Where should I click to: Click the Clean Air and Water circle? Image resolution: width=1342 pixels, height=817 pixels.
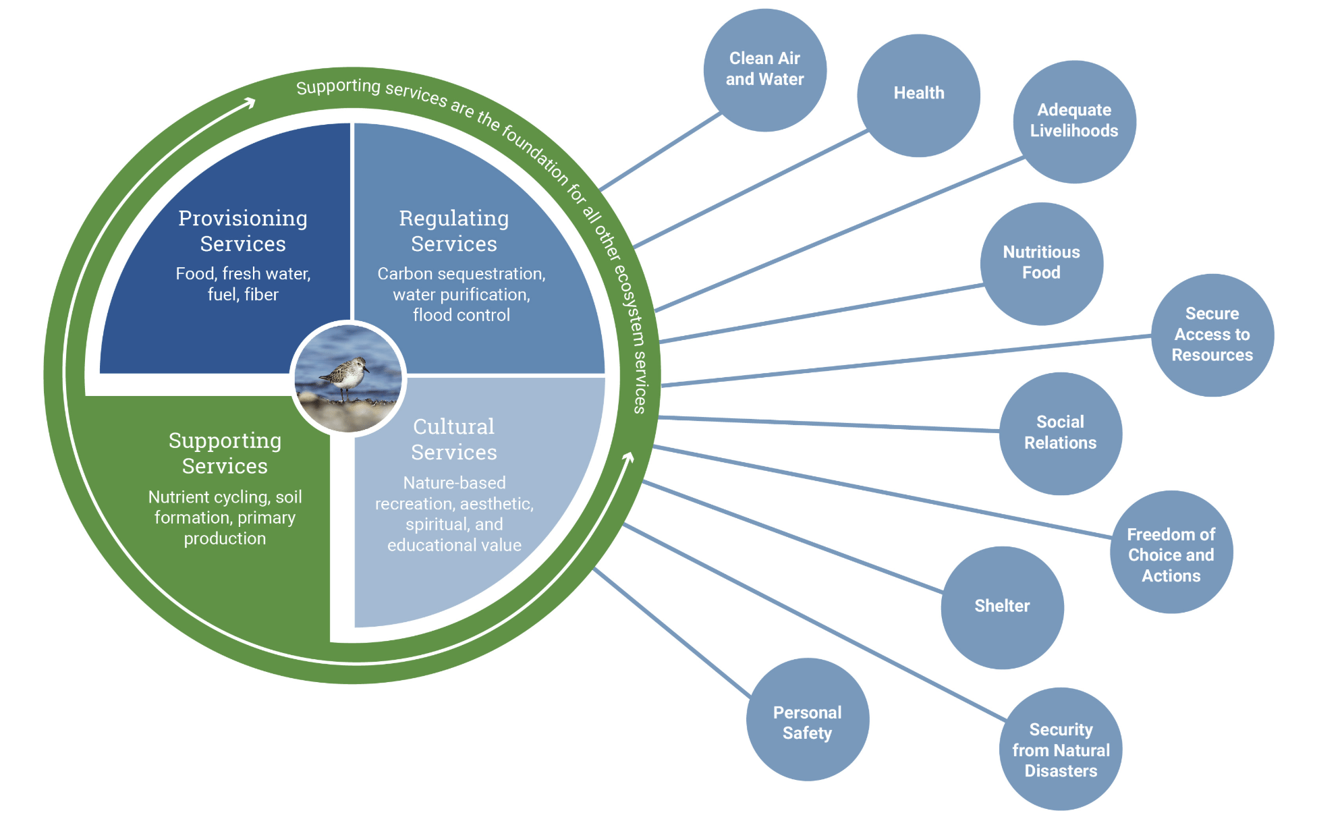(x=764, y=69)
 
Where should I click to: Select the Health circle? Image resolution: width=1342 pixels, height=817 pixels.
(x=918, y=95)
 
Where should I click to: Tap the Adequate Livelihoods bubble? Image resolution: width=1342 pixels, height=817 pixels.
(x=1074, y=121)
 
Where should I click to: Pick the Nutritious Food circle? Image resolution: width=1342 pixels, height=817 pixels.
(x=1041, y=263)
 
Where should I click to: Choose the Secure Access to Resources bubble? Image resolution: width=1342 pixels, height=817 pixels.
(x=1212, y=335)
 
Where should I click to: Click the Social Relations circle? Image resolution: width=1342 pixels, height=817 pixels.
(x=1060, y=433)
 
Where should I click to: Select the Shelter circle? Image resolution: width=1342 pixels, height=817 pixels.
(x=1002, y=607)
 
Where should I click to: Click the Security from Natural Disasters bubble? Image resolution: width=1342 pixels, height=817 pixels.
(x=1060, y=749)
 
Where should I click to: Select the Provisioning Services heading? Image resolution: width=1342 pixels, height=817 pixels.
(x=243, y=231)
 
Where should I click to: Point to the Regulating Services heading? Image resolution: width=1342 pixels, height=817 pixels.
(x=453, y=231)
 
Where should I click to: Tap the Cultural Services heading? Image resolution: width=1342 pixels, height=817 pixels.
(x=453, y=439)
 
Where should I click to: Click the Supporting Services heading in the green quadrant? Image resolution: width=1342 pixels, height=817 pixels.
(x=225, y=453)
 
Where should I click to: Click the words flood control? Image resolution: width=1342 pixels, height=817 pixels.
(x=461, y=315)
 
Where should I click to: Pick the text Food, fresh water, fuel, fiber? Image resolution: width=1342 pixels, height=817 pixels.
(x=243, y=284)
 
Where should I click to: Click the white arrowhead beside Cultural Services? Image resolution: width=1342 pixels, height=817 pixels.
(x=628, y=458)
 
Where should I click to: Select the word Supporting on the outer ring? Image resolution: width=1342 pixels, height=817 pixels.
(x=339, y=86)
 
